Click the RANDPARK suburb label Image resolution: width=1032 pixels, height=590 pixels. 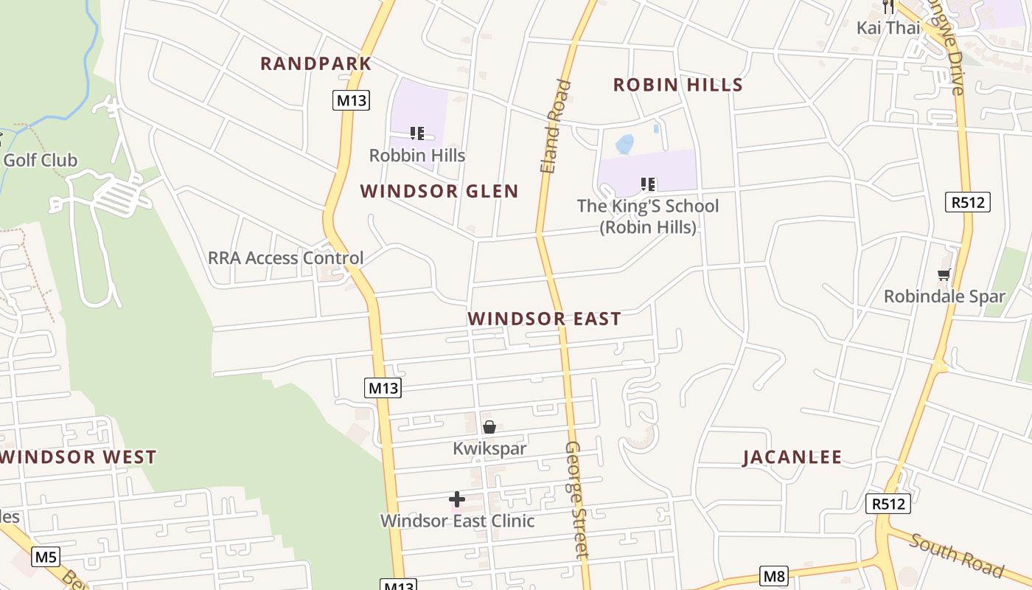315,63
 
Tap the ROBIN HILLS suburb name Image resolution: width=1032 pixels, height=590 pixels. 677,85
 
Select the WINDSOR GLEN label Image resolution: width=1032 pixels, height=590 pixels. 439,191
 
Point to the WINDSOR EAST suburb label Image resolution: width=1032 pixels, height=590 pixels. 544,319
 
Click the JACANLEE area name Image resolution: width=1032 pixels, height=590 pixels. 792,457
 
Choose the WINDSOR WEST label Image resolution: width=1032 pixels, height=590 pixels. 79,457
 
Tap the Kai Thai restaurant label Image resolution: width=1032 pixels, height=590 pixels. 888,28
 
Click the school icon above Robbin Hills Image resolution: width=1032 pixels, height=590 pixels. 417,133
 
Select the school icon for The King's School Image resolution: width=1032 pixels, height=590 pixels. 648,184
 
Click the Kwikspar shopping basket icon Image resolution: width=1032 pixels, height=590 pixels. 489,427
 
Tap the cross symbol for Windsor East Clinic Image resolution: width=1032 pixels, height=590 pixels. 457,499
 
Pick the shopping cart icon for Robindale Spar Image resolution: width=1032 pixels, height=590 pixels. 944,275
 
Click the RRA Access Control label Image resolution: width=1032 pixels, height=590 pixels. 285,258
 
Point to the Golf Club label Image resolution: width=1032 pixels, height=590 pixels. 40,160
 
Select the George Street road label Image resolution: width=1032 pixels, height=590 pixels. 576,500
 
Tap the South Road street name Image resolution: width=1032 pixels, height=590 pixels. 956,555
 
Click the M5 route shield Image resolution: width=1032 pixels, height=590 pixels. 46,557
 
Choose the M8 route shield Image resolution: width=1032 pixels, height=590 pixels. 774,576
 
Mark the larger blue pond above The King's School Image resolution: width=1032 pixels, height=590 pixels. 624,144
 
